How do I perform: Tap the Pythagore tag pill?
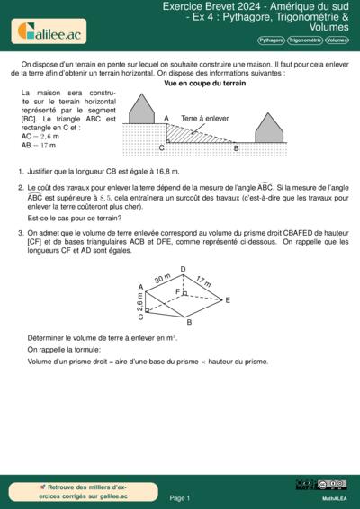pyautogui.click(x=271, y=40)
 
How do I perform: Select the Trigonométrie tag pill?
pyautogui.click(x=305, y=40)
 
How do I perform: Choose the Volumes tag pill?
pyautogui.click(x=337, y=40)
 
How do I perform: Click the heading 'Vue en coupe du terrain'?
pyautogui.click(x=204, y=83)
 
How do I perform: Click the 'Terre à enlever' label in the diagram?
pyautogui.click(x=204, y=118)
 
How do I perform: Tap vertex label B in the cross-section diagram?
pyautogui.click(x=236, y=147)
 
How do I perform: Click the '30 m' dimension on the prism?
pyautogui.click(x=161, y=280)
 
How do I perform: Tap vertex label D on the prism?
pyautogui.click(x=183, y=269)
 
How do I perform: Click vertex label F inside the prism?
pyautogui.click(x=177, y=292)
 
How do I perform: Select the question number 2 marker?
pyautogui.click(x=20, y=188)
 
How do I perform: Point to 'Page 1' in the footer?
pyautogui.click(x=179, y=497)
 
